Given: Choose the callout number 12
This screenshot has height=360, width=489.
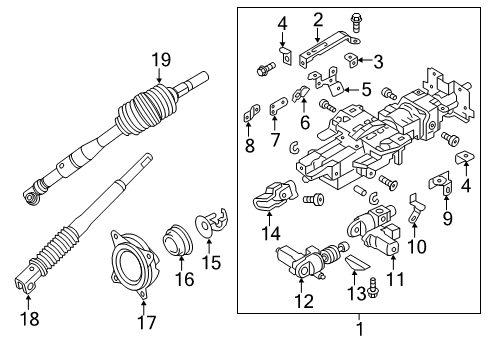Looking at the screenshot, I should point(303,300).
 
